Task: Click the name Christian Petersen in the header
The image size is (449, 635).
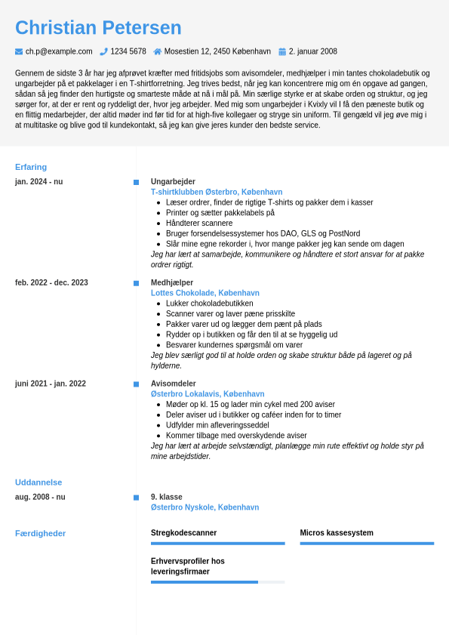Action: pos(98,28)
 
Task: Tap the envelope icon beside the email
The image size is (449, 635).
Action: pos(19,52)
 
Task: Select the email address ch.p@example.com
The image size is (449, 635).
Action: pos(59,52)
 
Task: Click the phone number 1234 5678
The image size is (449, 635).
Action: pos(128,52)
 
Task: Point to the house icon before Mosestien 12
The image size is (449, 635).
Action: pos(158,52)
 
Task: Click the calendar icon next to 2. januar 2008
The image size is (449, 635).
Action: pos(282,52)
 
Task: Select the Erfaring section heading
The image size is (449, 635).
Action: pos(31,167)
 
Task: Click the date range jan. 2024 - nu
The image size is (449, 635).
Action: pos(38,182)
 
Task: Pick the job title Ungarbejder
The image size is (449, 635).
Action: pos(173,182)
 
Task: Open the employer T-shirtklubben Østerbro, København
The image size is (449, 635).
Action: pos(217,192)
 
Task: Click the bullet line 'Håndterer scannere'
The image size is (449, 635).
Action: pos(199,223)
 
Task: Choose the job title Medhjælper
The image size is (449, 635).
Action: pos(172,282)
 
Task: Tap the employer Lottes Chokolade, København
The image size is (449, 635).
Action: pos(205,293)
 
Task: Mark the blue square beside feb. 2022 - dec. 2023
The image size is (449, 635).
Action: pos(136,283)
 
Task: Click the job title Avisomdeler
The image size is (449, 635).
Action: pos(174,384)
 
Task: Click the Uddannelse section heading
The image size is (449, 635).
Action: pos(38,482)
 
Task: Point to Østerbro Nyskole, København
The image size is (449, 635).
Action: pos(205,507)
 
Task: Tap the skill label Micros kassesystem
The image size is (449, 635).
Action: pos(337,533)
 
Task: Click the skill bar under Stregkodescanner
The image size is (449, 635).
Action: pos(217,543)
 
